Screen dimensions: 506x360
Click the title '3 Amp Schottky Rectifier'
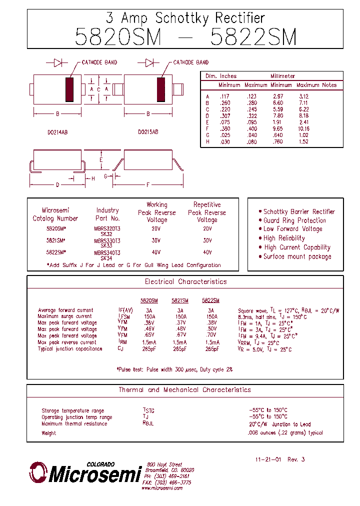point(185,18)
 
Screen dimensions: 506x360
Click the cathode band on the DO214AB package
point(69,89)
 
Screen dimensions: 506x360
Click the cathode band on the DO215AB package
point(161,89)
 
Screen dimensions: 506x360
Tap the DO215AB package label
point(148,132)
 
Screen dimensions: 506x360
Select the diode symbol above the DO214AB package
point(57,62)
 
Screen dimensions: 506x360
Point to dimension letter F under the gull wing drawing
point(148,185)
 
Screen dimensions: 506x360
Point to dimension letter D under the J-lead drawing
point(57,185)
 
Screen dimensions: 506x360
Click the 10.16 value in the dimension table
point(303,128)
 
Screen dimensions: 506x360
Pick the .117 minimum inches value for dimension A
point(224,96)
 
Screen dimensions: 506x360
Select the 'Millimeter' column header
point(283,76)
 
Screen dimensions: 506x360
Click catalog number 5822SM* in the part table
point(56,252)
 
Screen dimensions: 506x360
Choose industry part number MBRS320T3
point(107,228)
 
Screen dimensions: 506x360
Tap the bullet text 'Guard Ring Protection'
point(294,220)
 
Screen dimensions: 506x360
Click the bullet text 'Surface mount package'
point(297,256)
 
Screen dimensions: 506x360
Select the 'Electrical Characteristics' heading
point(185,281)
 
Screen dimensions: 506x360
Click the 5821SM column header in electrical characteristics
point(180,301)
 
